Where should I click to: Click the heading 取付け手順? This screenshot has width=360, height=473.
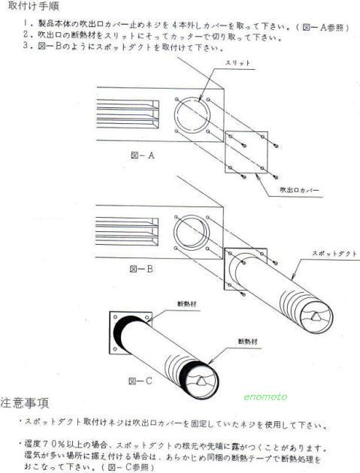pos(33,6)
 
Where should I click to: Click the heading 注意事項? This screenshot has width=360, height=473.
pos(25,403)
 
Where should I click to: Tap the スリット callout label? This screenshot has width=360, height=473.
pos(237,63)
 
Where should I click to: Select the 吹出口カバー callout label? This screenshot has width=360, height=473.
pos(299,190)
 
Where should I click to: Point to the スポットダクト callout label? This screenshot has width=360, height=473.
pos(334,254)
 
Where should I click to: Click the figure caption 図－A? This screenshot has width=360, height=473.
pos(143,155)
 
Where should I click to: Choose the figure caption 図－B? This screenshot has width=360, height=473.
pos(141,269)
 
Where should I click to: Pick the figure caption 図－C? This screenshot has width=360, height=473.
pos(140,381)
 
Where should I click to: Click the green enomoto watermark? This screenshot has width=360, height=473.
pos(265,396)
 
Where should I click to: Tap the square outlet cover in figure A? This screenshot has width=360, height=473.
pos(247,152)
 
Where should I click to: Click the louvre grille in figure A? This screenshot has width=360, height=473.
pos(128,114)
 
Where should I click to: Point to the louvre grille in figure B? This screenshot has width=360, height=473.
pos(127,231)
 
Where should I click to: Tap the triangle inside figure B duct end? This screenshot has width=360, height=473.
pos(315,316)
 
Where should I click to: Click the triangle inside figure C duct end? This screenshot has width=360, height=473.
pos(201,381)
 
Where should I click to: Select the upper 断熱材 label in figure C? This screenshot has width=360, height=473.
pos(187,304)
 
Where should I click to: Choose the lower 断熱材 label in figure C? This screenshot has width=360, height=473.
pos(248,342)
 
